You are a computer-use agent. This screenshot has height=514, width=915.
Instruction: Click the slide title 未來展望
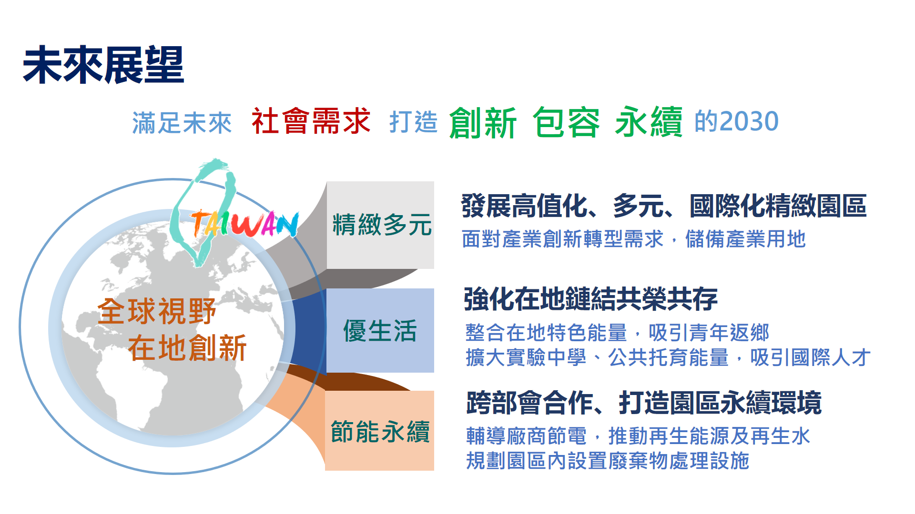pyautogui.click(x=103, y=65)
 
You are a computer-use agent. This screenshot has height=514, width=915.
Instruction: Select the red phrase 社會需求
pyautogui.click(x=311, y=121)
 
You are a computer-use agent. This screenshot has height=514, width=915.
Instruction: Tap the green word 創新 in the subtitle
pyautogui.click(x=483, y=122)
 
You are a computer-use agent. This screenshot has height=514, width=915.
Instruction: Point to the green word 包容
pyautogui.click(x=566, y=122)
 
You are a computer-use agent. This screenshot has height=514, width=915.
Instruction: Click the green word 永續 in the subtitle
pyautogui.click(x=649, y=122)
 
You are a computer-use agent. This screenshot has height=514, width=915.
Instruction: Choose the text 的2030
pyautogui.click(x=736, y=121)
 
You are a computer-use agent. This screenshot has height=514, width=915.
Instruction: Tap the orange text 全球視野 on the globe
pyautogui.click(x=157, y=312)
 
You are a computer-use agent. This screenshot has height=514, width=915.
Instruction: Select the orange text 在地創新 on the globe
pyautogui.click(x=187, y=347)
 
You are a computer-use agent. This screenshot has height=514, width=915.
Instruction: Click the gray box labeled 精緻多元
pyautogui.click(x=380, y=225)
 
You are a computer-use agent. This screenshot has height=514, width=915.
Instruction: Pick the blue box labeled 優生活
pyautogui.click(x=380, y=330)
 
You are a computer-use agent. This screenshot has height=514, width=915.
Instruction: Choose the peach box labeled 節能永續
pyautogui.click(x=380, y=431)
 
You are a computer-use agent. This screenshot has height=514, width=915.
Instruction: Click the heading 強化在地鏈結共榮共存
pyautogui.click(x=590, y=299)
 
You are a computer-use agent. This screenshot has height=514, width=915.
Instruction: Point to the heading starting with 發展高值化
pyautogui.click(x=664, y=206)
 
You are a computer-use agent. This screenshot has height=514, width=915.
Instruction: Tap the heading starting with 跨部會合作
pyautogui.click(x=644, y=403)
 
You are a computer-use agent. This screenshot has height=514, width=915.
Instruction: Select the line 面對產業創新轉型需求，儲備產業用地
pyautogui.click(x=634, y=239)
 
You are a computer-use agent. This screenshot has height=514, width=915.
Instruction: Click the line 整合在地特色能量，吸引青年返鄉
pyautogui.click(x=617, y=333)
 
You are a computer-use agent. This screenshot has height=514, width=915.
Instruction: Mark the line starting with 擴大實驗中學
pyautogui.click(x=668, y=357)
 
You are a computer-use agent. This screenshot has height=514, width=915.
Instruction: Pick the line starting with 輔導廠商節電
pyautogui.click(x=638, y=436)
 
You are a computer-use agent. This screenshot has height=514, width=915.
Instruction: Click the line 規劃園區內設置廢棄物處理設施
pyautogui.click(x=608, y=461)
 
